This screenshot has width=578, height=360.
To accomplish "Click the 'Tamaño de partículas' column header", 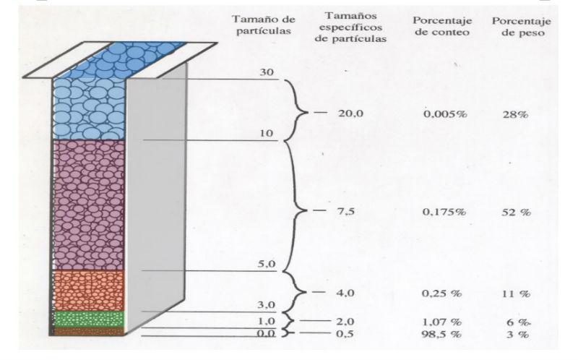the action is click(264, 25).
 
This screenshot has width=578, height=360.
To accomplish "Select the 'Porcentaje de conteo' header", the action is click(442, 26).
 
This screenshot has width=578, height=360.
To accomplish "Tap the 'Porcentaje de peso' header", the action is click(522, 27).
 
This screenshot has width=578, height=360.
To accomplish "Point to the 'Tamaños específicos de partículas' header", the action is click(350, 27).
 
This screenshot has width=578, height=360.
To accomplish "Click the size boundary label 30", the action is click(267, 72).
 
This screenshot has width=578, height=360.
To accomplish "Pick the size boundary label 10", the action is click(267, 133).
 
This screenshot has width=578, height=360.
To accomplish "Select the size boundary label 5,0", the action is click(267, 264).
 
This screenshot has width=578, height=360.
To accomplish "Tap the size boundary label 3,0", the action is click(267, 305).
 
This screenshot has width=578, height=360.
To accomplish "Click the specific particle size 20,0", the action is click(350, 113).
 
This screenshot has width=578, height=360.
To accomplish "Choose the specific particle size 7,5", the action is click(346, 211).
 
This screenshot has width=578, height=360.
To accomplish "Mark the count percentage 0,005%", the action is click(445, 113).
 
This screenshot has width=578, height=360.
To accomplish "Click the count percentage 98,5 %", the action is click(441, 334).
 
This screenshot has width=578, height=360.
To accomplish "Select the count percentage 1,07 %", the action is click(441, 322).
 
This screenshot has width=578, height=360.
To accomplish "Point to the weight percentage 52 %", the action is click(516, 212).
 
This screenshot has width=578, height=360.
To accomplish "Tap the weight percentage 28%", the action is click(515, 114).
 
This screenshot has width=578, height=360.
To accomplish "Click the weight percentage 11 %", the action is click(516, 294).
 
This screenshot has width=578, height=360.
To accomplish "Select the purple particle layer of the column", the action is click(89, 205).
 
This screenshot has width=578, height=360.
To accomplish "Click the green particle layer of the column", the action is click(89, 319).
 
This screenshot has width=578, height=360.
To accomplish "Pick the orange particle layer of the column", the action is click(89, 291).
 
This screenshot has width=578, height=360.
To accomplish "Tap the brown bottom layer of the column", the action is click(89, 331).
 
